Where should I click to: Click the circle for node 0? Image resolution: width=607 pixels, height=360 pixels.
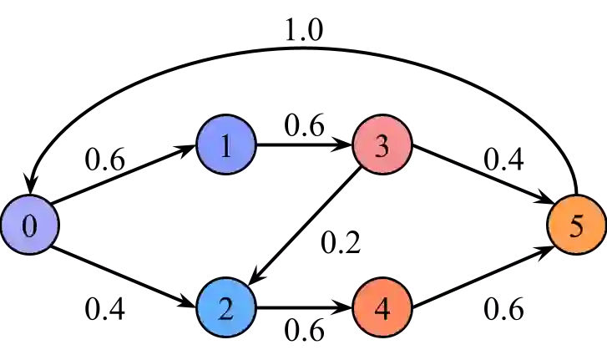tap(29, 226)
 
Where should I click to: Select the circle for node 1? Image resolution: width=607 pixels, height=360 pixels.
tap(225, 146)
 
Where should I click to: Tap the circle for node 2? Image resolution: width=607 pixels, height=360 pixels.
tap(225, 308)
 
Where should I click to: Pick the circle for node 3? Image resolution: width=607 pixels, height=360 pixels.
tap(382, 146)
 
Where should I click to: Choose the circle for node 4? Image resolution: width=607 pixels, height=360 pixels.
tap(382, 308)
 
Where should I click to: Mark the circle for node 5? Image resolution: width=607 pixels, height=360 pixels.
tap(576, 226)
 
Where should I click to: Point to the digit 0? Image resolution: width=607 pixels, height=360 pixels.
tap(29, 226)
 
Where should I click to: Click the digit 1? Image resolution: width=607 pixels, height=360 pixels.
tap(225, 146)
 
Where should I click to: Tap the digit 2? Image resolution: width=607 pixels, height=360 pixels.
tap(225, 308)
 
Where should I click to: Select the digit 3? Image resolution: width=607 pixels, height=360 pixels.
tap(382, 146)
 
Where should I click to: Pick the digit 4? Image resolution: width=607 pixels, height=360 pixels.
tap(382, 308)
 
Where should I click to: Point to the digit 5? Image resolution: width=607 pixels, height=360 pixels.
tap(576, 226)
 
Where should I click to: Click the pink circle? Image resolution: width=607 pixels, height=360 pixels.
tap(382, 146)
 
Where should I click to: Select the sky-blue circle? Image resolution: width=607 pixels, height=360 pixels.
tap(225, 308)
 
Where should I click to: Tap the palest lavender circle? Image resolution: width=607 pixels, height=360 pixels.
tap(29, 226)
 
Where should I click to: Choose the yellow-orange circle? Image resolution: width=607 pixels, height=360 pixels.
tap(576, 226)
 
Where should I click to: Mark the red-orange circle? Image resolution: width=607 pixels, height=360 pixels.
tap(382, 308)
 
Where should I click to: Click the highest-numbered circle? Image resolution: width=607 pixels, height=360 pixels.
tap(576, 226)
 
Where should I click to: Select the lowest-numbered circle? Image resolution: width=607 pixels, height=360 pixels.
tap(29, 226)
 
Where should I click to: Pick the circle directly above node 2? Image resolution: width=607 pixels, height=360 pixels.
tap(225, 146)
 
